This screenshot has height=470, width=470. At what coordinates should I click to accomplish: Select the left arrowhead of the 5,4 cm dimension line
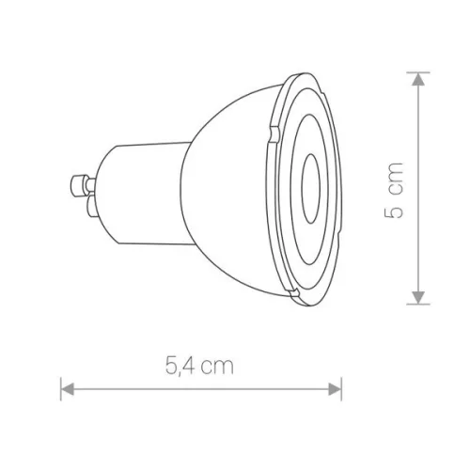pos(67,387)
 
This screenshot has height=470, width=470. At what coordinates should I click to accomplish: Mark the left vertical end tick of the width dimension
pos(61,387)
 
